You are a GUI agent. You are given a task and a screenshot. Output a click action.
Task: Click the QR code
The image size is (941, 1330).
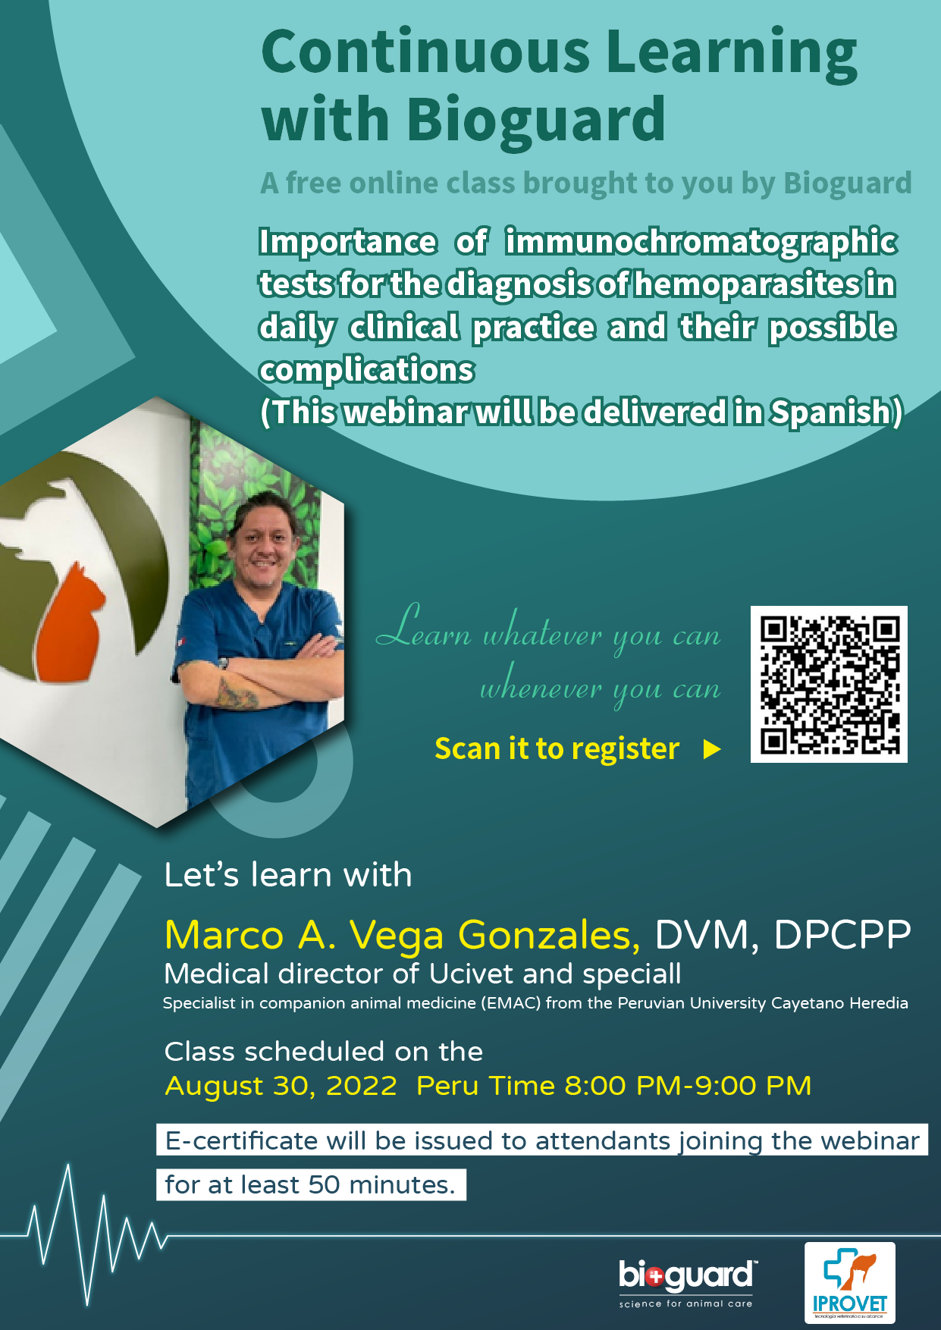pyautogui.click(x=829, y=684)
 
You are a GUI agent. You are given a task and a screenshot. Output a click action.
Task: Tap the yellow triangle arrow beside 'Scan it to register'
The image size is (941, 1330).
pyautogui.click(x=711, y=749)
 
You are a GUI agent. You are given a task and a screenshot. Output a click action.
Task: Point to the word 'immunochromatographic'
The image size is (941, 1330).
pyautogui.click(x=701, y=242)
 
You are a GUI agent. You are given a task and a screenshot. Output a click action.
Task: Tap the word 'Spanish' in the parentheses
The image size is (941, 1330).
pyautogui.click(x=830, y=412)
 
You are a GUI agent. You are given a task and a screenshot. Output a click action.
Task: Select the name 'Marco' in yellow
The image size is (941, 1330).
pyautogui.click(x=224, y=935)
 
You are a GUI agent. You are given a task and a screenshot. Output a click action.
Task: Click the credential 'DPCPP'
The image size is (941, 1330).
pyautogui.click(x=842, y=935)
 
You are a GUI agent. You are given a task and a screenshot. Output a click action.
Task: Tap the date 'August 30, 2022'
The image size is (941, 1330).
pyautogui.click(x=281, y=1086)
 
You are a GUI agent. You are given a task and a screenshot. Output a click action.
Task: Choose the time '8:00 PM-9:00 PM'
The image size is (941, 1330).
pyautogui.click(x=688, y=1086)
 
